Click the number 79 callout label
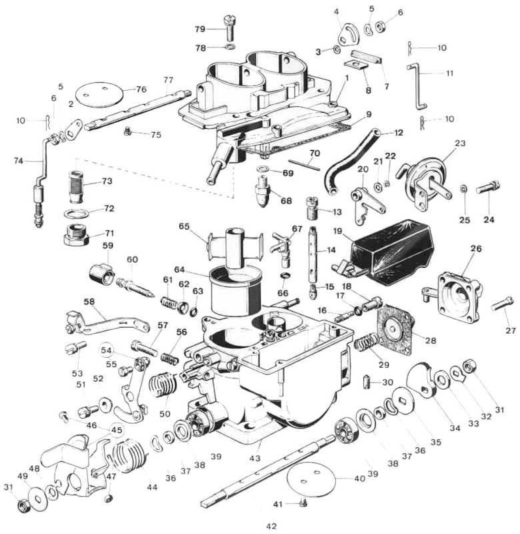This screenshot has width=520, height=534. pyautogui.click(x=200, y=29)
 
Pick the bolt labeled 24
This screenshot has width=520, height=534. pyautogui.click(x=486, y=189)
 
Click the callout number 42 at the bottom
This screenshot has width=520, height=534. pyautogui.click(x=271, y=526)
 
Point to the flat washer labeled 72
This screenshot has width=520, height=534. pyautogui.click(x=78, y=214)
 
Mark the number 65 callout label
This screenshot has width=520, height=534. pyautogui.click(x=184, y=226)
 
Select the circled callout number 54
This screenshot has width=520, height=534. pyautogui.click(x=107, y=350)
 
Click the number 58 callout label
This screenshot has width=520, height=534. pyautogui.click(x=89, y=302)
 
